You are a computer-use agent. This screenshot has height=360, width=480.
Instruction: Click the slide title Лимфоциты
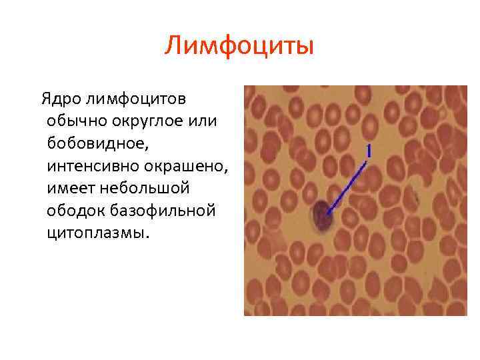[x=239, y=47]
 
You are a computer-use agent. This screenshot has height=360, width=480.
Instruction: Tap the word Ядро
[x=61, y=99]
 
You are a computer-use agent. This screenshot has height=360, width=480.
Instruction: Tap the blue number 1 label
[x=367, y=152]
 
